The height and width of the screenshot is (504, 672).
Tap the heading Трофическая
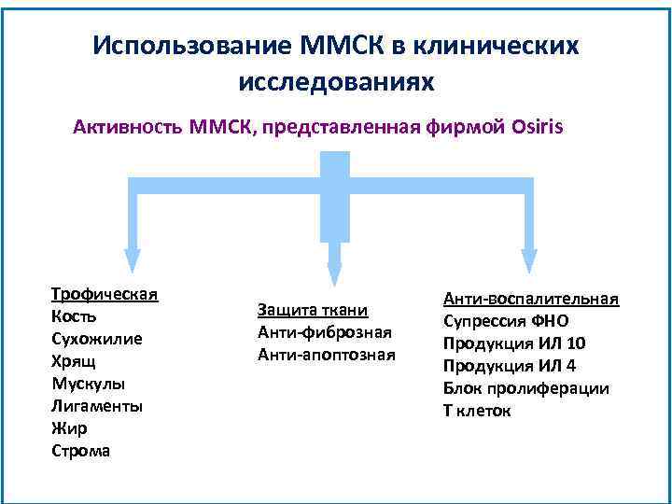[x=105, y=294]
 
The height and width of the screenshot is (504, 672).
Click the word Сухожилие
[x=97, y=339]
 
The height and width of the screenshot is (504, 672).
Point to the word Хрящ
[x=73, y=361]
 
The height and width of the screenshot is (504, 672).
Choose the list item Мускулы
[x=88, y=384]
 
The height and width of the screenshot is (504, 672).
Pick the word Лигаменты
[x=97, y=406]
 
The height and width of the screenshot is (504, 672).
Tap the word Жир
[x=69, y=428]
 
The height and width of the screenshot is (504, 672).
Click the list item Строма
[x=80, y=451]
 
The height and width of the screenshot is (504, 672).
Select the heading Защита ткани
[x=313, y=310]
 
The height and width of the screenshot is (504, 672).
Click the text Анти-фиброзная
[x=324, y=332]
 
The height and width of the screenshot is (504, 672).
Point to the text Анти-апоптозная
[x=327, y=355]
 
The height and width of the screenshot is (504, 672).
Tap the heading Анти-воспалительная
[x=531, y=299]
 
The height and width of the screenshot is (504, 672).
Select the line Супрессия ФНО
[x=512, y=321]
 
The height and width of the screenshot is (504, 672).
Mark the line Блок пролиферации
[x=526, y=388]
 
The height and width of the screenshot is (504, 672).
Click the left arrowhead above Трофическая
[x=133, y=261]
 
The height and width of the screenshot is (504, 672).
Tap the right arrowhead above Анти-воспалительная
[x=529, y=261]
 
